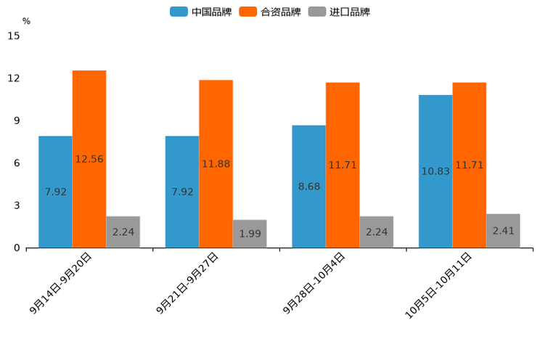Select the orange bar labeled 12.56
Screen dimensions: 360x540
(89, 159)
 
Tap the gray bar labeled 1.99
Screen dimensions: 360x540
(250, 234)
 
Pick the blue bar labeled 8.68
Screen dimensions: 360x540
(308, 187)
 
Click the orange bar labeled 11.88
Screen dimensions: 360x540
(216, 164)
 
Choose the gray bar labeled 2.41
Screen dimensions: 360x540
(503, 231)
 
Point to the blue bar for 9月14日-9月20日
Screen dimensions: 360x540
(55, 192)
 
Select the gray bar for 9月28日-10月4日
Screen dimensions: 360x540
(376, 232)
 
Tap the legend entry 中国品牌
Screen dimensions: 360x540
(201, 12)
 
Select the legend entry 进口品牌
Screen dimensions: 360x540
(339, 12)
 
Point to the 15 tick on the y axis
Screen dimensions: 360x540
(14, 36)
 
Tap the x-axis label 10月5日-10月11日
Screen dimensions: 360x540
(438, 286)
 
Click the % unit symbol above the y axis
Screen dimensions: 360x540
(26, 21)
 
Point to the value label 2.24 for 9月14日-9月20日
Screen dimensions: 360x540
(123, 232)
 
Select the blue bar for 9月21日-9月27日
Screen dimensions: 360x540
(181, 192)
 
